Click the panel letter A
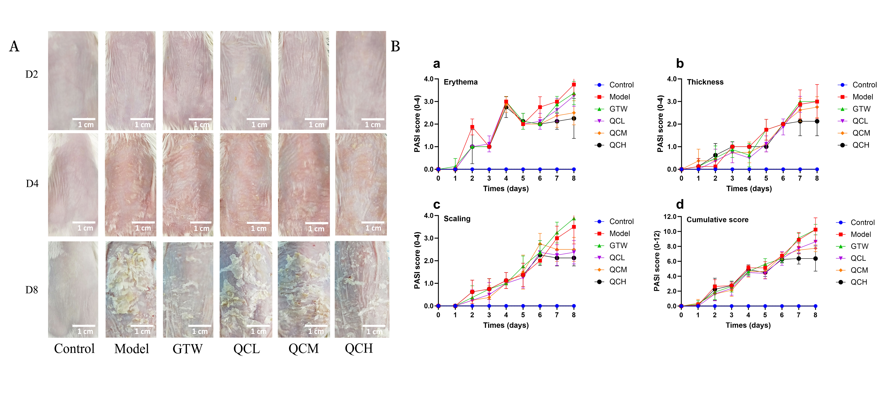tap(14, 46)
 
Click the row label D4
tap(32, 184)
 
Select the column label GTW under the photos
tap(188, 349)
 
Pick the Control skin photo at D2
tap(73, 81)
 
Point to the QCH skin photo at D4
tap(361, 184)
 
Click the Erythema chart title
tap(460, 82)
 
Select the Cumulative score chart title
tap(717, 219)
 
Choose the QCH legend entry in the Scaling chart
tap(617, 282)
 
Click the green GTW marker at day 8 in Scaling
tap(574, 219)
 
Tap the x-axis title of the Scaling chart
tap(506, 325)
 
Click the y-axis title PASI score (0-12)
tap(656, 261)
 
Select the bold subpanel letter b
tap(680, 64)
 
